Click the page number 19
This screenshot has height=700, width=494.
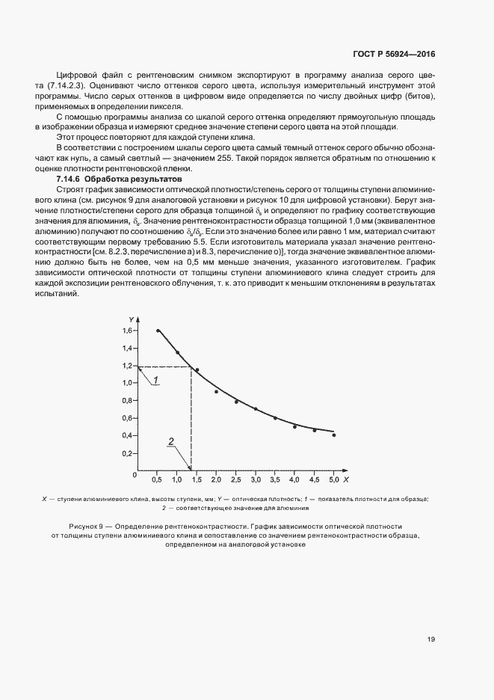click(432, 639)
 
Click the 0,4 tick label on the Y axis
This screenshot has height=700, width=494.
click(127, 435)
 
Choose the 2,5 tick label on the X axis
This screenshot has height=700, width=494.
click(235, 477)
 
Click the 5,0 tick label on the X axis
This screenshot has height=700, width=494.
click(333, 477)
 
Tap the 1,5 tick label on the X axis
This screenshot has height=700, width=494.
click(197, 477)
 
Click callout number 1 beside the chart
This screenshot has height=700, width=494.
click(156, 381)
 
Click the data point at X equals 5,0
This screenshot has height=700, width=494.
click(333, 435)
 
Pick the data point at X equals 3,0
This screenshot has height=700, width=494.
click(256, 409)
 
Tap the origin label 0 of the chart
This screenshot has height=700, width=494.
click(135, 474)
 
